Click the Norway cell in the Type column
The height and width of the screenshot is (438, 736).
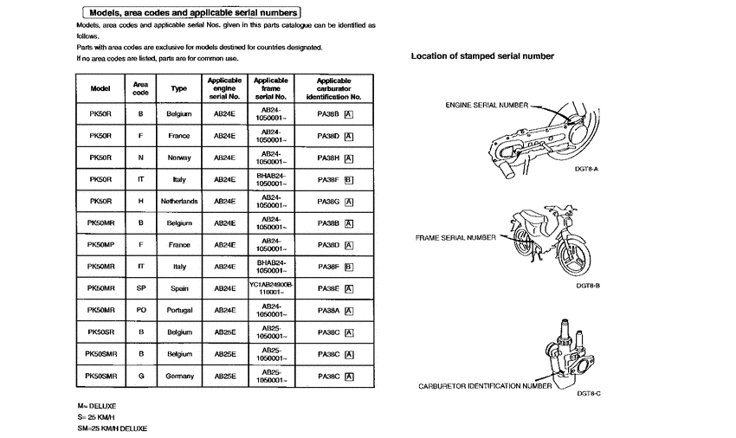pyautogui.click(x=178, y=158)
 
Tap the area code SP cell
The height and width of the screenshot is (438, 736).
pyautogui.click(x=140, y=288)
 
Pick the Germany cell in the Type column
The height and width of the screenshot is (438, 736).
pyautogui.click(x=178, y=376)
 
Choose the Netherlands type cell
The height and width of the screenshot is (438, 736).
pyautogui.click(x=178, y=201)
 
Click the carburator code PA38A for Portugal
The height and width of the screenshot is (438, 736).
pyautogui.click(x=328, y=310)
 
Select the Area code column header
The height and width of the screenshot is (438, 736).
pyautogui.click(x=140, y=88)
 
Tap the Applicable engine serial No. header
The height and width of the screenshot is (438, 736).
pyautogui.click(x=224, y=88)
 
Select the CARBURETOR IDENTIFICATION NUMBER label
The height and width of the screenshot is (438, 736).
pyautogui.click(x=485, y=386)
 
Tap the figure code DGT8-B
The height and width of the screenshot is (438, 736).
pyautogui.click(x=588, y=285)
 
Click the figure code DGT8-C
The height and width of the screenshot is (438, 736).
pyautogui.click(x=588, y=393)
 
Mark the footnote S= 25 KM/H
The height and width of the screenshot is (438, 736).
pyautogui.click(x=97, y=416)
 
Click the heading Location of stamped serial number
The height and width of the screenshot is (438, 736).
pyautogui.click(x=482, y=56)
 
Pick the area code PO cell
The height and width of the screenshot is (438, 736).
pyautogui.click(x=140, y=310)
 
